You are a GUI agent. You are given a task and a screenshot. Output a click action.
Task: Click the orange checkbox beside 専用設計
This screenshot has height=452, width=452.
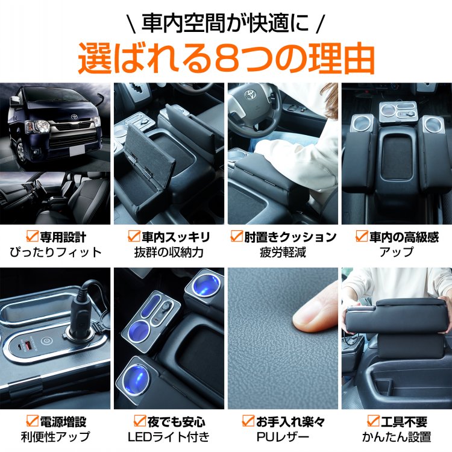tap(32, 236)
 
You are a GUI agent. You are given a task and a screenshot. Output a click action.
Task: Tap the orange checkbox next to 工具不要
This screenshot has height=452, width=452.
tap(374, 421)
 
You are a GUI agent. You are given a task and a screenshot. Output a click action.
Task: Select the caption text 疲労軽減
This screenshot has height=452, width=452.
tap(283, 253)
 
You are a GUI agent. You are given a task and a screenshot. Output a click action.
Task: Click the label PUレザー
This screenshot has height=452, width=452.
tap(283, 437)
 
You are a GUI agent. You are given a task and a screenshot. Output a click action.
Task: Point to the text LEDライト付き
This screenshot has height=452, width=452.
tap(169, 437)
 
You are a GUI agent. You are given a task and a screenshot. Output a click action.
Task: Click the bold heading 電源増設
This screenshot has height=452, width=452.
tap(63, 422)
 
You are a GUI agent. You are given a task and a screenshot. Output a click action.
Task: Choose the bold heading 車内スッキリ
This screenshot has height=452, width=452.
tap(176, 237)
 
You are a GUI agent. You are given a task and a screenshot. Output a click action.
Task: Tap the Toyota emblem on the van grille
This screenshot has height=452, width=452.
tap(75, 117)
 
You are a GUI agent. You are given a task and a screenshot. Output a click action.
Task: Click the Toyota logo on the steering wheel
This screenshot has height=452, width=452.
tap(249, 93)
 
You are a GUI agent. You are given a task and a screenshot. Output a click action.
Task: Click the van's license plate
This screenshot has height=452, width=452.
tap(77, 150)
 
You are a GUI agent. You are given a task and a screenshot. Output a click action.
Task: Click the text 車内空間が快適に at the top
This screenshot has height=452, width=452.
tap(225, 23)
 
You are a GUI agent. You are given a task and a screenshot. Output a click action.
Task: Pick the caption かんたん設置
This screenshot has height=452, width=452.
tap(397, 437)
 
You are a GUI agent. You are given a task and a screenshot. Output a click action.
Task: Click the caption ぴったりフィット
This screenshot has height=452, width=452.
tap(55, 253)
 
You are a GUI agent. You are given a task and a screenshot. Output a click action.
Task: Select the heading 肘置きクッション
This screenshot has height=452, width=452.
tap(290, 237)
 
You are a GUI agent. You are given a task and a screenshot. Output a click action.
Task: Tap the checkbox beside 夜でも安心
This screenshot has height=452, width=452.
tap(140, 421)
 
